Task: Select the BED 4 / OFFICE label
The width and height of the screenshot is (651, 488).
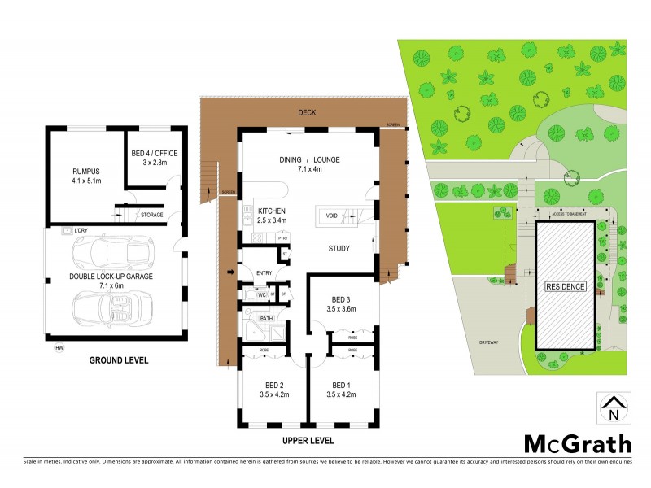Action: point(154,153)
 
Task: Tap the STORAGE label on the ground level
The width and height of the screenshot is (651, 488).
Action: point(151,215)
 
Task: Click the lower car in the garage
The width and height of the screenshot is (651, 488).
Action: point(114,308)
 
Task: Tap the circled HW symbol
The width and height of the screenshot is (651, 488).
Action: point(59,349)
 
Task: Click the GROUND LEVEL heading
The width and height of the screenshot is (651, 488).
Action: point(114,359)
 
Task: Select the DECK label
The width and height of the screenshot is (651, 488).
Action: point(307,112)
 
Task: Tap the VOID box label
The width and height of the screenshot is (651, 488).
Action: point(331,216)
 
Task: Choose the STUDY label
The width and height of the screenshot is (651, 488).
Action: point(339,249)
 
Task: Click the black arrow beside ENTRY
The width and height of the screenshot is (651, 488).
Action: point(231,272)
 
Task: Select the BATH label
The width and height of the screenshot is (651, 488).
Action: point(266,319)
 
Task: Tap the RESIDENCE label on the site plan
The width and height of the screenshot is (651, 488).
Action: point(565,287)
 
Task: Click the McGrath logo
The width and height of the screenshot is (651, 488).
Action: point(576,444)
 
